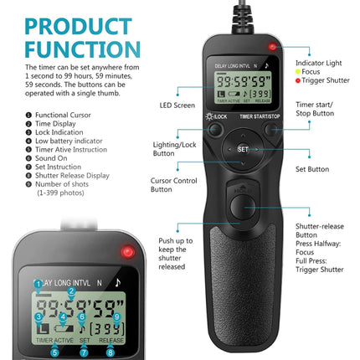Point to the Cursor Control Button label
172,185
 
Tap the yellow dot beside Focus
299,73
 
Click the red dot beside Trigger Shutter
299,82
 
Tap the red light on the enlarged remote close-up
128,251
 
